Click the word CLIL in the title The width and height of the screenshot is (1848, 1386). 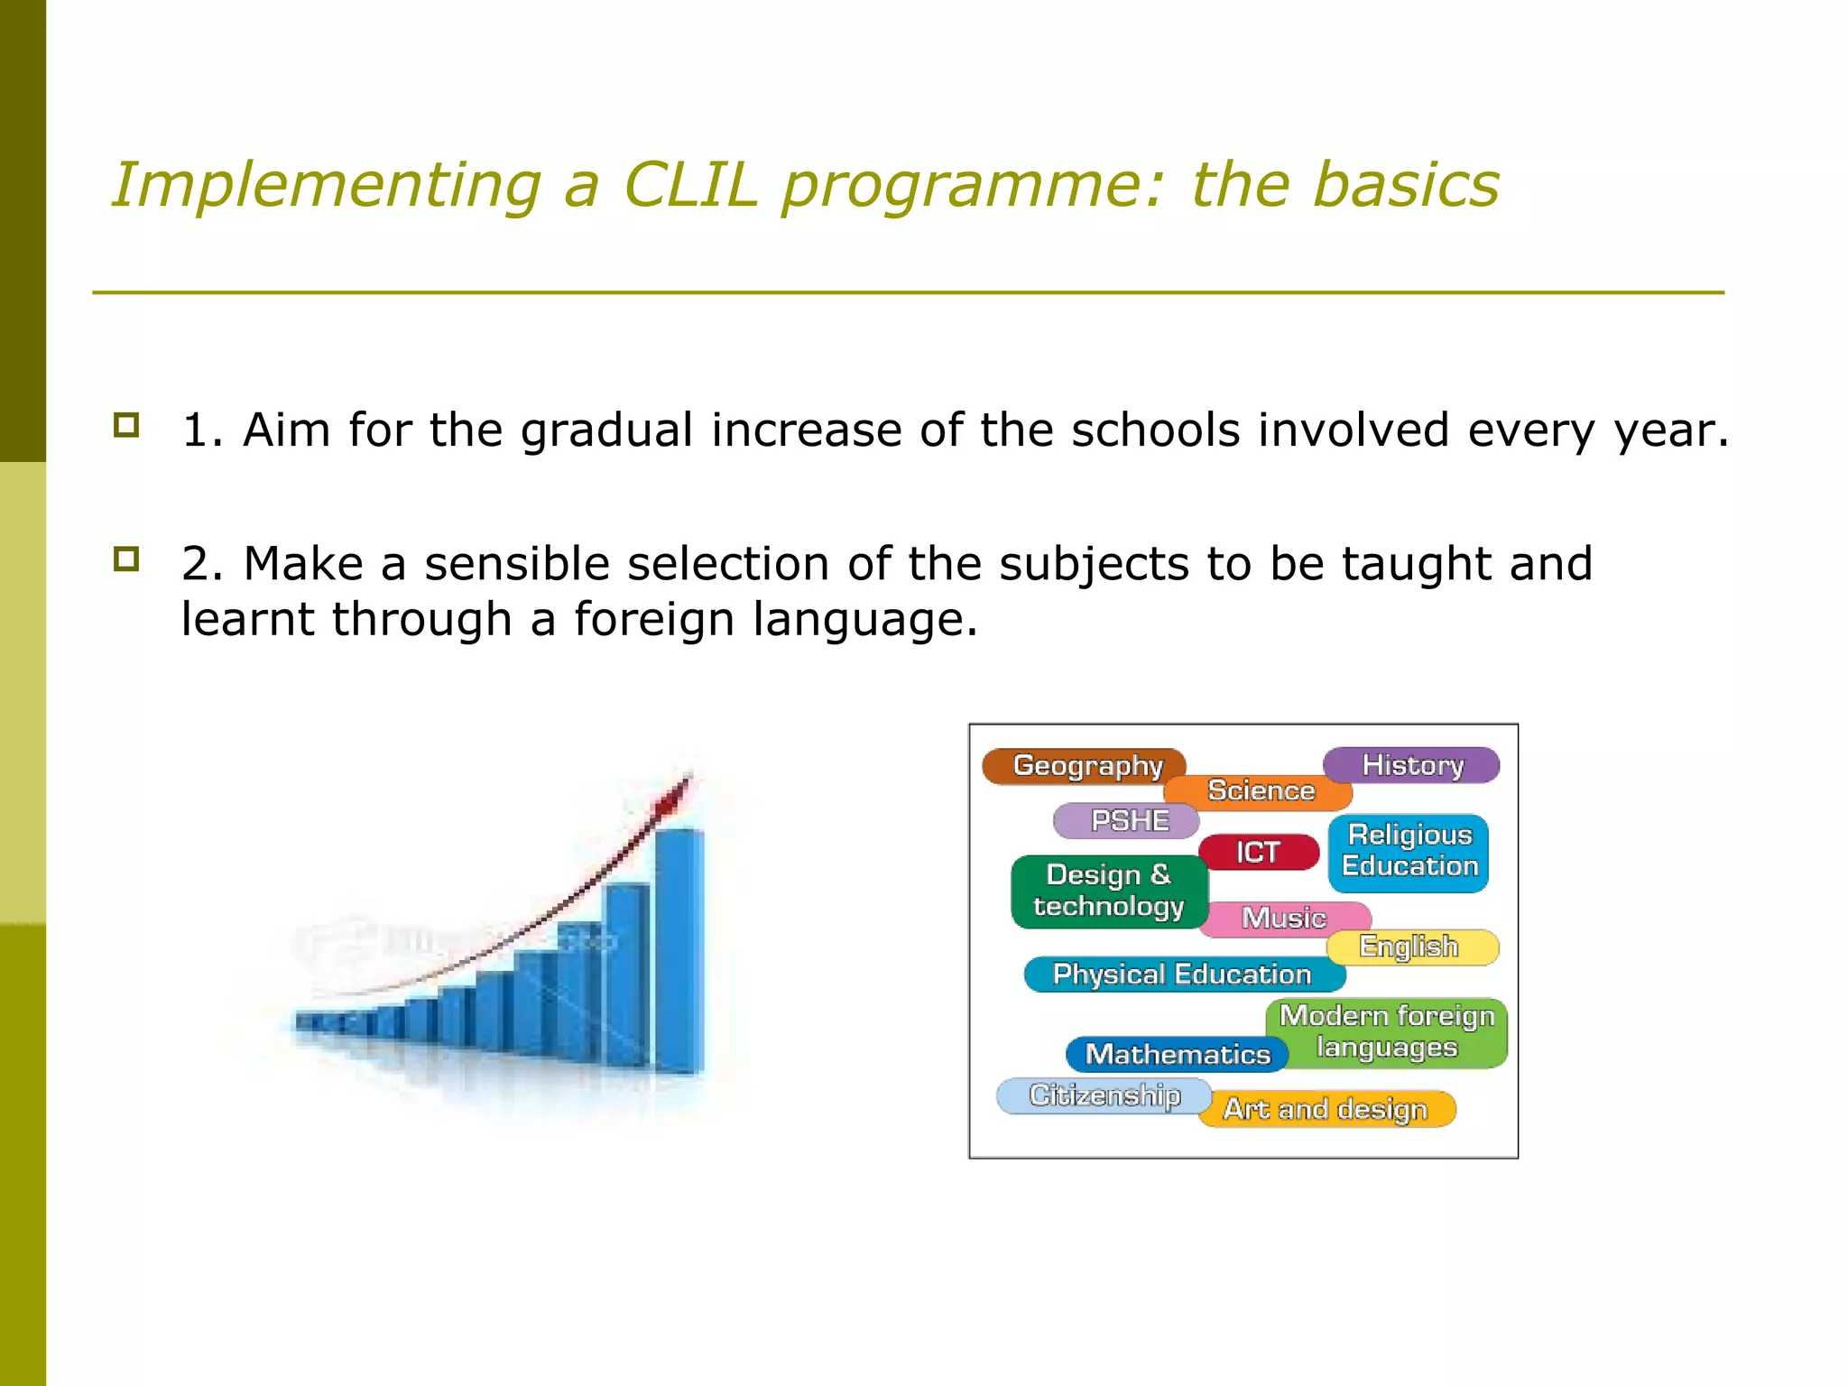[x=690, y=185]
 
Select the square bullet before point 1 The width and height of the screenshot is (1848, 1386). [x=126, y=425]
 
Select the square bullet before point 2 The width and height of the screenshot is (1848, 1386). [x=126, y=559]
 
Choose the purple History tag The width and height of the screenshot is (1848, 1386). [x=1411, y=764]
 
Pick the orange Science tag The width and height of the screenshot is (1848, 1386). [x=1261, y=791]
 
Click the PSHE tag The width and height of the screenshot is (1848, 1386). [x=1127, y=821]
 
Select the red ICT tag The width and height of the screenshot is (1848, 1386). [x=1258, y=852]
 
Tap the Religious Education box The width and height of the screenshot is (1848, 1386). [x=1409, y=851]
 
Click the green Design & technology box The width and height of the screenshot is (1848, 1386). [x=1108, y=891]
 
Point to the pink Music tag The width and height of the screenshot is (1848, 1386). [x=1284, y=918]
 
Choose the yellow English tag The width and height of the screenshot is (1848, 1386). [x=1410, y=947]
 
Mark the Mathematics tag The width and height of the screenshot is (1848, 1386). [x=1177, y=1054]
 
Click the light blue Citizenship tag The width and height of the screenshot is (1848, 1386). [x=1104, y=1095]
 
